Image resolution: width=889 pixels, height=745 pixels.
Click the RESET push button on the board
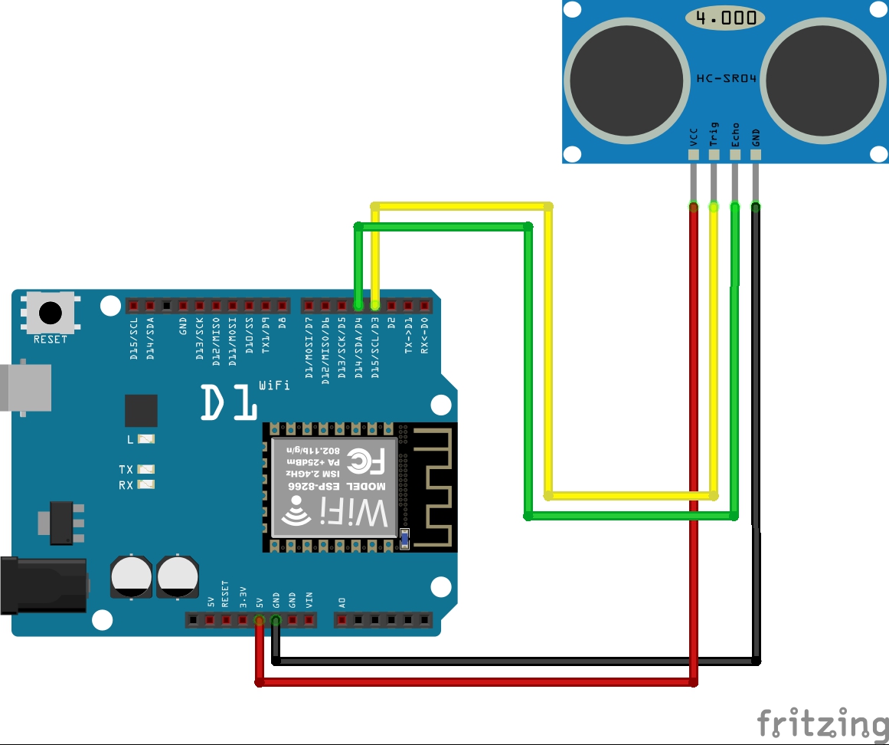tap(51, 313)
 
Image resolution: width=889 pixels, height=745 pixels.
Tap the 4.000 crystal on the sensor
tap(724, 18)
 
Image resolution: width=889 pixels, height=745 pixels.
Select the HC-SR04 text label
tap(726, 77)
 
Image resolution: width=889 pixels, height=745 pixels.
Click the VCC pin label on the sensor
tap(694, 138)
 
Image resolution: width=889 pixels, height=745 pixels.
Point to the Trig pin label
tap(714, 135)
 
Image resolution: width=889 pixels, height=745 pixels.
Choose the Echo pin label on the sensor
tap(735, 135)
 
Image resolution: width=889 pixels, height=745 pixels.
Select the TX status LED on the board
tap(145, 469)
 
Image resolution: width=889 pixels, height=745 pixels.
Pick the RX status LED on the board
tap(145, 485)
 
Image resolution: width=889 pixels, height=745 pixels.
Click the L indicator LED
tap(145, 440)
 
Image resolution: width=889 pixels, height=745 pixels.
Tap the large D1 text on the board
tap(229, 402)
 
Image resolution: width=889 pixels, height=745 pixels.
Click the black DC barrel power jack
tap(43, 586)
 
